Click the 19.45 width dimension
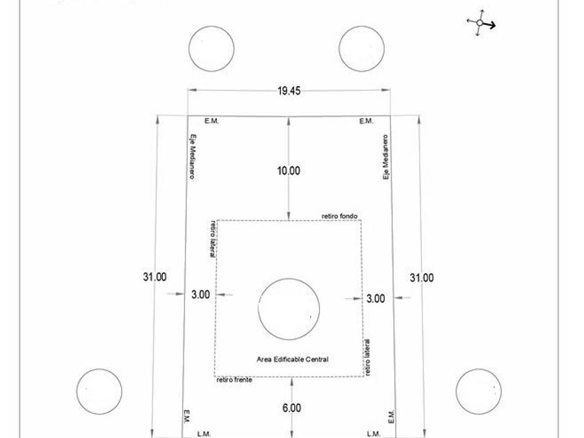[x=289, y=91]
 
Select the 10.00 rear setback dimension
[x=289, y=170]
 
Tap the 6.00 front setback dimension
[x=291, y=408]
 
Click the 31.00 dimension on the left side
[x=154, y=277]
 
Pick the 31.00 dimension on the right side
[x=421, y=278]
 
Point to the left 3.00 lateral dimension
[x=201, y=295]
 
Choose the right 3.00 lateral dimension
[x=376, y=299]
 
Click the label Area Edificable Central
[x=293, y=359]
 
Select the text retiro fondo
[x=339, y=216]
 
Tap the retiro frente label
[x=234, y=380]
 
